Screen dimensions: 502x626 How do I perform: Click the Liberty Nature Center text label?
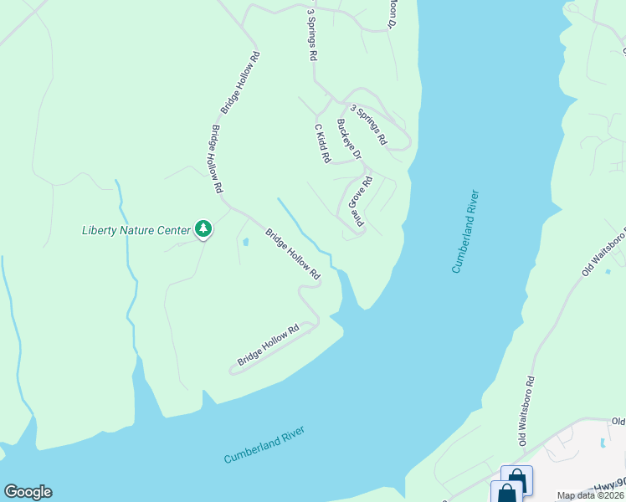[136, 230]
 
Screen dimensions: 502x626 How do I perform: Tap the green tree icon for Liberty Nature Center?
[203, 228]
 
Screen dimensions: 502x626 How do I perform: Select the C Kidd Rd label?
[322, 143]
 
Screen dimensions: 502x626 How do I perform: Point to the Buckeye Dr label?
[348, 139]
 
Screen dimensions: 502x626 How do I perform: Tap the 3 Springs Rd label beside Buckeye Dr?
[368, 125]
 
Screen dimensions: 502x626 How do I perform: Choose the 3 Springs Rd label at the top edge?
[312, 34]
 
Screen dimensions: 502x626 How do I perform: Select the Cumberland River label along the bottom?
[264, 445]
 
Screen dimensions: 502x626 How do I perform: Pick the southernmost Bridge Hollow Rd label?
[268, 346]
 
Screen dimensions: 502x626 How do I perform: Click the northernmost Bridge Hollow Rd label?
[241, 83]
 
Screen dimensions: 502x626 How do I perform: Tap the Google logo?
[28, 492]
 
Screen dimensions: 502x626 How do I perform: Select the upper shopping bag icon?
[516, 479]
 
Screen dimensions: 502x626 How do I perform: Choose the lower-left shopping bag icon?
[506, 494]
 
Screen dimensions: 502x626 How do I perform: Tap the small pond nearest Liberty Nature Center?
[245, 243]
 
